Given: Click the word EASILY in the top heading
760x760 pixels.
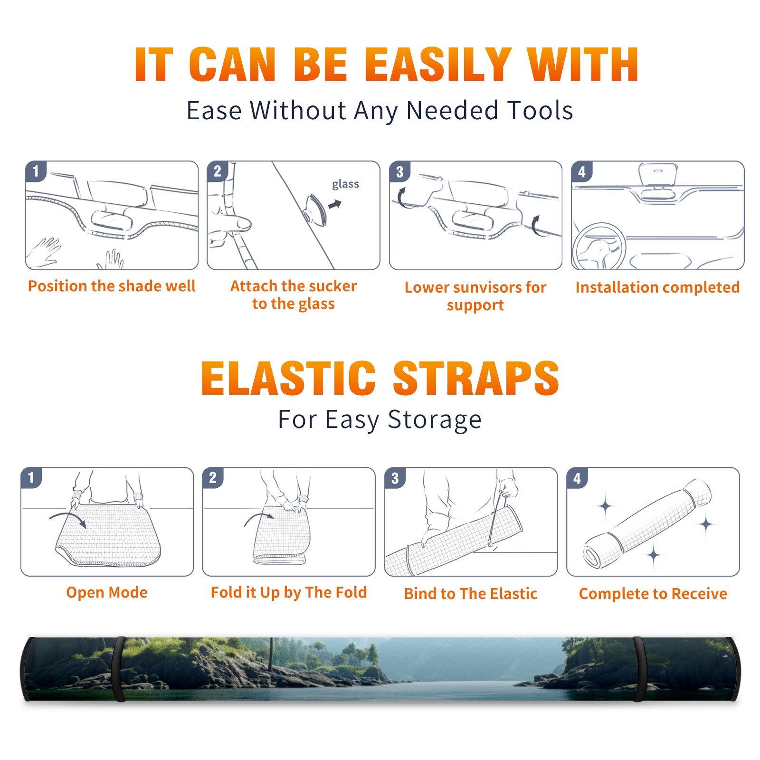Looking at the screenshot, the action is click(x=438, y=65).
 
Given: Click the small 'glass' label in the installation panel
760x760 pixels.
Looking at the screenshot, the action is click(x=345, y=184).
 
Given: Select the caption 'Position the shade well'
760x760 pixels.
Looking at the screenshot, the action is click(x=112, y=286).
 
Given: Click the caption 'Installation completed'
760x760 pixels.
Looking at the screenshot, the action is click(x=657, y=287).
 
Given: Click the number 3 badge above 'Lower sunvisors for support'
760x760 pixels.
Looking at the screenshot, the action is click(x=399, y=171).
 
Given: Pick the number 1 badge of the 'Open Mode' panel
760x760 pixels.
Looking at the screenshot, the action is click(x=31, y=477).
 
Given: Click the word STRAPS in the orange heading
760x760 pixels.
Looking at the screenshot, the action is click(x=476, y=378).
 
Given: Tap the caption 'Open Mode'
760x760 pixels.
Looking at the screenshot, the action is click(x=107, y=592).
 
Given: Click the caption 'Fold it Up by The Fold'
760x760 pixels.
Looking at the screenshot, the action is click(x=289, y=592).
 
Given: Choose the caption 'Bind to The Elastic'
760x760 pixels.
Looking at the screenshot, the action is click(x=471, y=594).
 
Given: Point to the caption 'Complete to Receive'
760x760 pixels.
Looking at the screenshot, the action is click(x=653, y=594).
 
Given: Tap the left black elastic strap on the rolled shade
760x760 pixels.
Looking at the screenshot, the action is click(x=118, y=669).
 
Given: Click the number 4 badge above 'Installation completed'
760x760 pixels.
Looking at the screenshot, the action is click(x=582, y=171).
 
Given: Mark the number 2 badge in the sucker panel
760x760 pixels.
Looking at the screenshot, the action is click(x=218, y=171).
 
